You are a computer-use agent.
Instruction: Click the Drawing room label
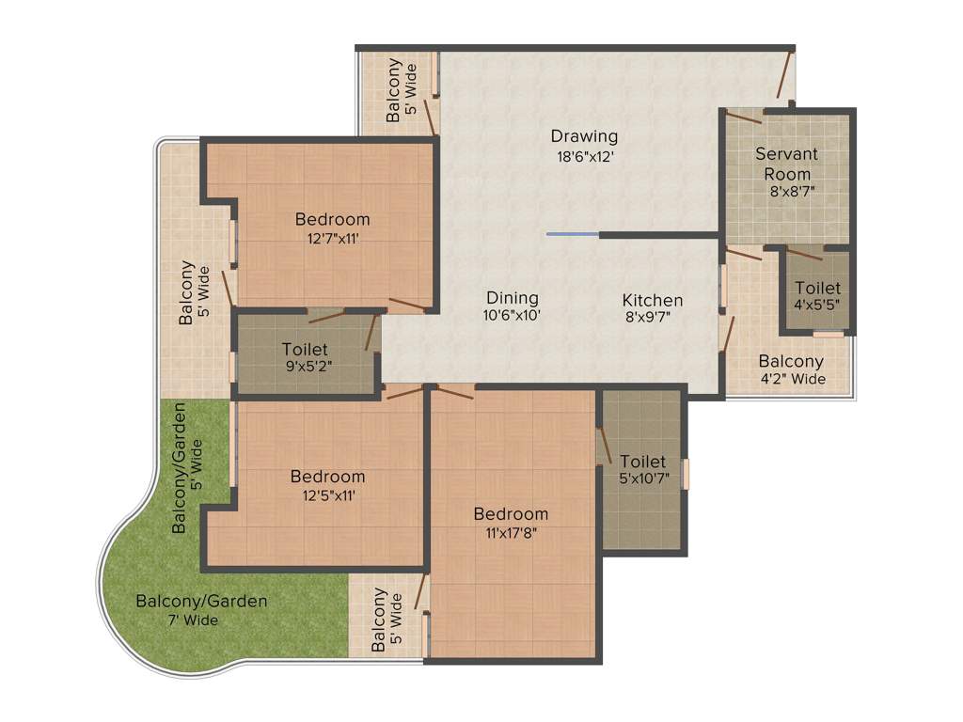coord(584,136)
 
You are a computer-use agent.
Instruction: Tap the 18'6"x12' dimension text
coord(584,157)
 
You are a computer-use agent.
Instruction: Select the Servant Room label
coord(786,164)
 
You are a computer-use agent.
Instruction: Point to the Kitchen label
coord(652,300)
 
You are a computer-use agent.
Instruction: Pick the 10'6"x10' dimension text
coord(512,316)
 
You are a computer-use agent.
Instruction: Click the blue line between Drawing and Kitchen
coord(572,234)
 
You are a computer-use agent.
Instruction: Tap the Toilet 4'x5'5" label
coord(817,296)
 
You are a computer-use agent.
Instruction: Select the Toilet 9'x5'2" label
coord(306,358)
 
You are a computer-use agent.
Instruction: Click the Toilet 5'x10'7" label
coord(642,471)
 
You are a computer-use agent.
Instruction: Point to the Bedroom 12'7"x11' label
coord(332,228)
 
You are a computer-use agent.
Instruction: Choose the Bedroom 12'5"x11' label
coord(327,485)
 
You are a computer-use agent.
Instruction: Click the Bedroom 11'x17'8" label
coord(511,523)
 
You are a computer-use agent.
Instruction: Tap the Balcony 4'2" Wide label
coord(791,369)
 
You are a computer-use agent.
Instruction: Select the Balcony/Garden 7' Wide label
coord(201,610)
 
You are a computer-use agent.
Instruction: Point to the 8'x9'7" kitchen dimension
coord(652,318)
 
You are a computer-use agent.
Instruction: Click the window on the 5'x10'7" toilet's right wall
coord(686,474)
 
